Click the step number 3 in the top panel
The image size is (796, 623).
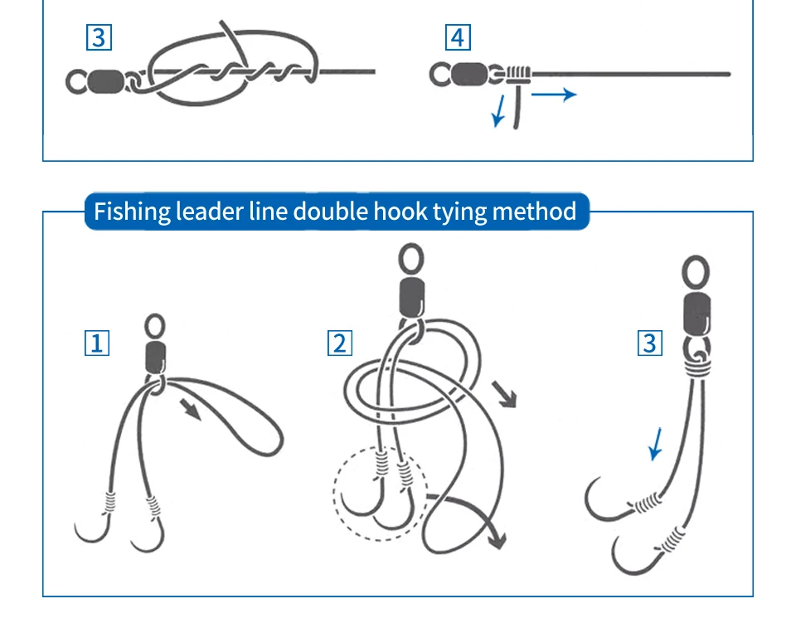pos(99,38)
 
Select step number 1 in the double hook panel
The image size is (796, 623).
pos(97,343)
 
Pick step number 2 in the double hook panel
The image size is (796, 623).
pos(339,343)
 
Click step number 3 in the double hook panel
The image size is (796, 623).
pos(650,343)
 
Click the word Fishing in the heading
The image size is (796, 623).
pos(131,212)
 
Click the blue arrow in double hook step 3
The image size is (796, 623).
pos(657,443)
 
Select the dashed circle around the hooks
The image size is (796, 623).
pos(380,495)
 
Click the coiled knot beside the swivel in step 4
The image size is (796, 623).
pos(517,74)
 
